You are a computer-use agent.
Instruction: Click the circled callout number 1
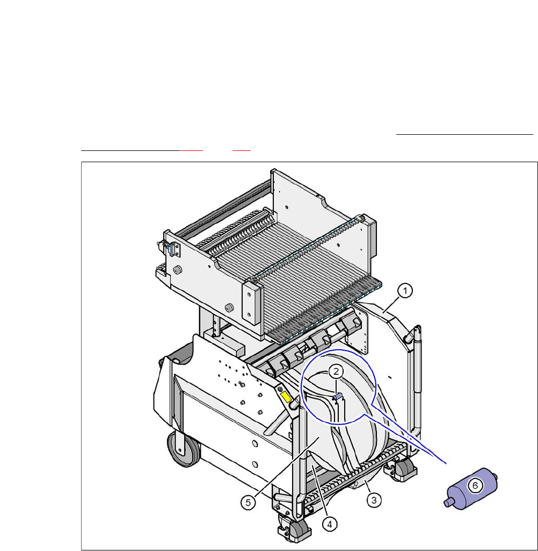pyautogui.click(x=405, y=291)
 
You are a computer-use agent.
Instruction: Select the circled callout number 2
pyautogui.click(x=336, y=371)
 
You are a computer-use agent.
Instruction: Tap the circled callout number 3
pyautogui.click(x=374, y=499)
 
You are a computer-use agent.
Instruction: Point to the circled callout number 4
pyautogui.click(x=329, y=524)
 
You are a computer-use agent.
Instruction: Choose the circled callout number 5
pyautogui.click(x=248, y=503)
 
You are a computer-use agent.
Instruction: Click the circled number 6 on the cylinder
pyautogui.click(x=475, y=485)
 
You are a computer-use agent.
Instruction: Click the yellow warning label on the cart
pyautogui.click(x=286, y=397)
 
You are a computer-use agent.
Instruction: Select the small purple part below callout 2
pyautogui.click(x=337, y=396)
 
